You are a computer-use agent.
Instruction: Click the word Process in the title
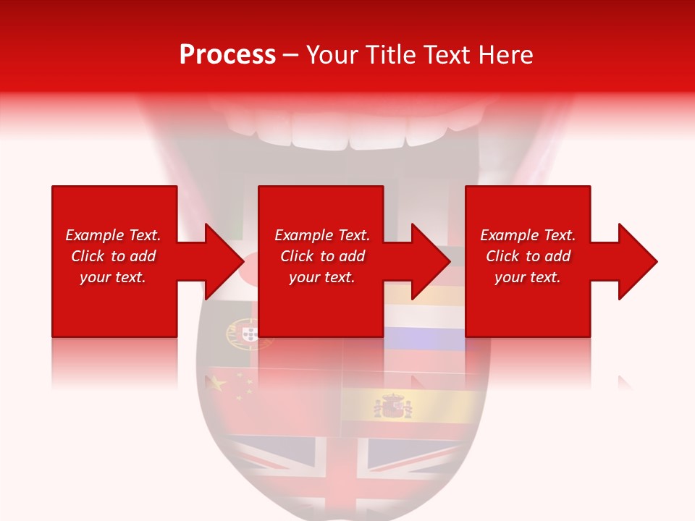[x=227, y=55]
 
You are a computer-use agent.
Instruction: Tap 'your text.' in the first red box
[x=113, y=277]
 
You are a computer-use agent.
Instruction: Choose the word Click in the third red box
[x=503, y=256]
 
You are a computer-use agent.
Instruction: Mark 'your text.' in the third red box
[x=528, y=277]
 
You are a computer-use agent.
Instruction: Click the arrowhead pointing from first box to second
[x=224, y=261]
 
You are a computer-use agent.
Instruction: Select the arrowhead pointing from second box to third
[x=431, y=261]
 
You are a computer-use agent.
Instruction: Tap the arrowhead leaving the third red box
[x=638, y=261]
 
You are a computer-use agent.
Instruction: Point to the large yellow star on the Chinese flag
[x=216, y=384]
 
